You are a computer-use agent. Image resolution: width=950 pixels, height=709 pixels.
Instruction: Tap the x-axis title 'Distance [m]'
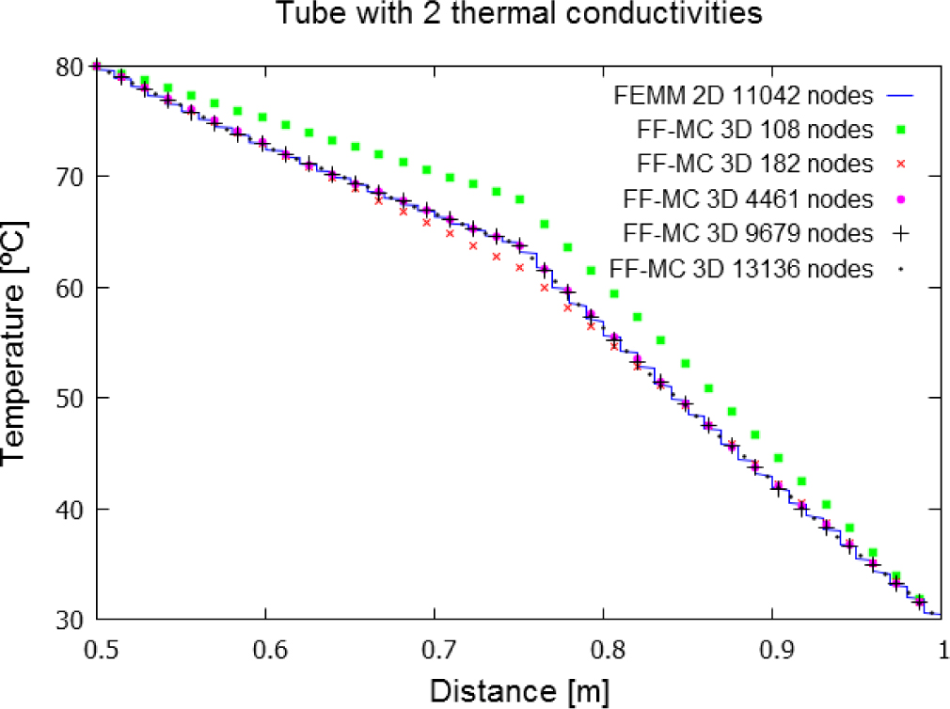pos(519,691)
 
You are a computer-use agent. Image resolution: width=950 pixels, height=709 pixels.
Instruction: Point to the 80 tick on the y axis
pos(70,66)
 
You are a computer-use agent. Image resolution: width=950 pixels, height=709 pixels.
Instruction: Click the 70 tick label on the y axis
pos(70,177)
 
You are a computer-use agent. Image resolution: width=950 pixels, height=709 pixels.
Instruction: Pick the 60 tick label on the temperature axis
pos(70,288)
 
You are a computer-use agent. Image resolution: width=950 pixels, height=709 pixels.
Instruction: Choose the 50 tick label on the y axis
pos(70,399)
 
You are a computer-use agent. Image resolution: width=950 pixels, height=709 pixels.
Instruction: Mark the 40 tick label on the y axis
pos(70,510)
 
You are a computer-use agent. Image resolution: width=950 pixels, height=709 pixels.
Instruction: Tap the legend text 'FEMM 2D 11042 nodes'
pos(744,95)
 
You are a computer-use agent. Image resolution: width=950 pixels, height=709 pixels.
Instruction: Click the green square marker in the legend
pos(900,130)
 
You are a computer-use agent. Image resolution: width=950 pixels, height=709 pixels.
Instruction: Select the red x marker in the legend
pos(900,164)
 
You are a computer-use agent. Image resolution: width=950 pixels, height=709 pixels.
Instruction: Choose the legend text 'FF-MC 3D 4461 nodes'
pos(748,198)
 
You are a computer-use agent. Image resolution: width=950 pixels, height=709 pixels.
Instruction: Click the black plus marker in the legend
pos(900,233)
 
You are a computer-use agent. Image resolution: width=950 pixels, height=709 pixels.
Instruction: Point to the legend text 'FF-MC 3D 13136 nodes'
pos(742,268)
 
